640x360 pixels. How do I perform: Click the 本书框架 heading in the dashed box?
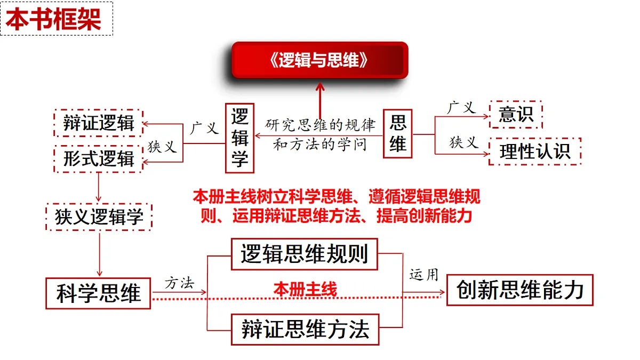(x=53, y=19)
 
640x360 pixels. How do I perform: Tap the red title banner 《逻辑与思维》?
(x=319, y=60)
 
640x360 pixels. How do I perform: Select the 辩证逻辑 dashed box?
(x=98, y=123)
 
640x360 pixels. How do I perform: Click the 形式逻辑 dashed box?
(x=98, y=158)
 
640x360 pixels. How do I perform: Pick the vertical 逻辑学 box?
(x=239, y=138)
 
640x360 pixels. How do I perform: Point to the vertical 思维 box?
(x=397, y=133)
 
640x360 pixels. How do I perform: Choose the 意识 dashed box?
(x=516, y=114)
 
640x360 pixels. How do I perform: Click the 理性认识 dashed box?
(x=535, y=151)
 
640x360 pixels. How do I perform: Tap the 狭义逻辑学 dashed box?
(x=99, y=217)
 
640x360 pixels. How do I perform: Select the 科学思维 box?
(x=98, y=293)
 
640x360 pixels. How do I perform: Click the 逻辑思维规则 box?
(x=305, y=254)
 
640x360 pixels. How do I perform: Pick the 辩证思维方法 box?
(x=305, y=330)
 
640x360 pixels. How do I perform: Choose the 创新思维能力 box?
(x=520, y=290)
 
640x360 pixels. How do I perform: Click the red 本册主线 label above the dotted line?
(x=305, y=289)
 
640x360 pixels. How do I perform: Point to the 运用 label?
(x=423, y=275)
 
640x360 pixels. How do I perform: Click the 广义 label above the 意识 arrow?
(x=461, y=108)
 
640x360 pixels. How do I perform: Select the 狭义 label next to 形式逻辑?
(x=162, y=147)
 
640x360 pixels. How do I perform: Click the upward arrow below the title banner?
(x=320, y=101)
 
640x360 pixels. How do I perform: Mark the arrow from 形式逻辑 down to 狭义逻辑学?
(x=99, y=187)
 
